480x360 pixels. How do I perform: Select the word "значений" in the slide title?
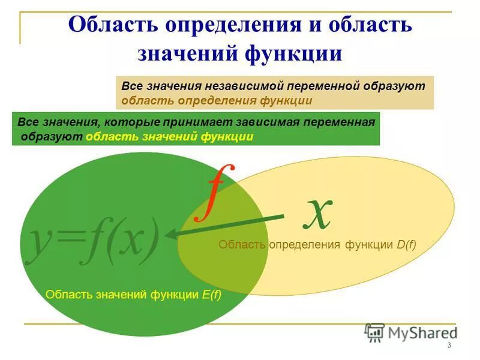tap(187, 53)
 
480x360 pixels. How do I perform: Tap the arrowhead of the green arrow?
tap(175, 235)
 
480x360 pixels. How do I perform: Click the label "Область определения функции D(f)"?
tap(317, 244)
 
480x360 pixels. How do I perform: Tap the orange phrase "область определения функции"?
tap(217, 101)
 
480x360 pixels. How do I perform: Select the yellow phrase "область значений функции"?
tap(169, 137)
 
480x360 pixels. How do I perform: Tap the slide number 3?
tap(449, 346)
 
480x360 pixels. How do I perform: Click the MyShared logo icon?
tap(375, 332)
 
